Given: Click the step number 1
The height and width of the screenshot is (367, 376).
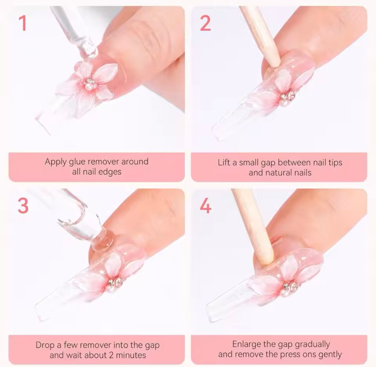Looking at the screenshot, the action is point(23,23).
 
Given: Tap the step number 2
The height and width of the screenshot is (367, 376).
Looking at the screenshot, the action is point(205,23).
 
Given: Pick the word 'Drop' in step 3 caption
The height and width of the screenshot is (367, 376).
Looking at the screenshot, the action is point(45,345).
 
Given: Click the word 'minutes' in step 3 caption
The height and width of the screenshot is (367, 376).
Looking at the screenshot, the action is point(131,355).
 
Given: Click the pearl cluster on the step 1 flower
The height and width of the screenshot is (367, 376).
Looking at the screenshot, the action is point(90,84).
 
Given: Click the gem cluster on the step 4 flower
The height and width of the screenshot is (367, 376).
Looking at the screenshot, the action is point(290,288).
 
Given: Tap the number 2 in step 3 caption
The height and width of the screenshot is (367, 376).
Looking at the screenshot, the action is point(111,355).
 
